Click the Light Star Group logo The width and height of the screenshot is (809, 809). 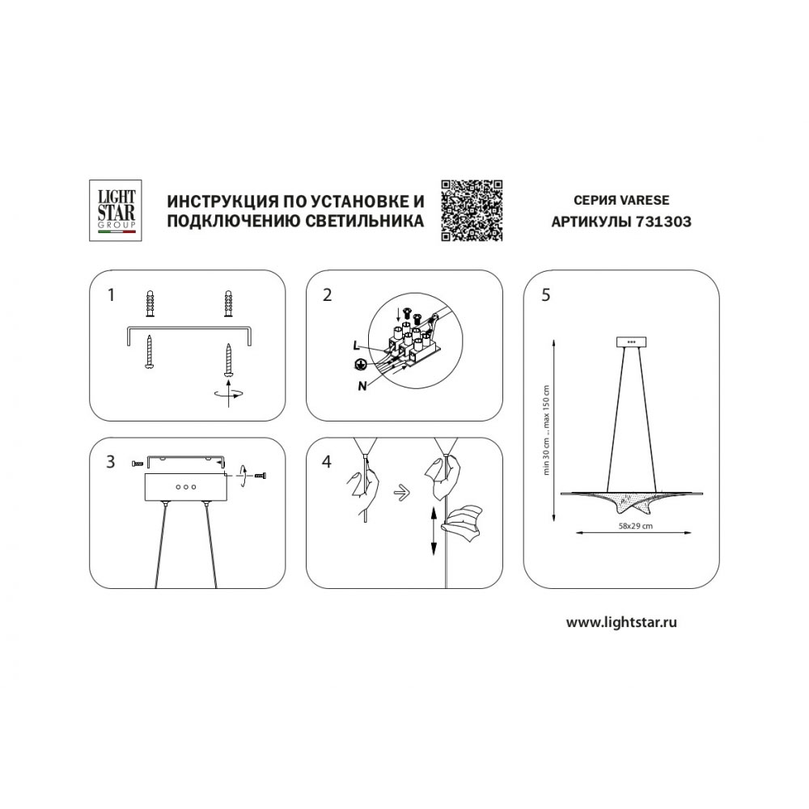116,210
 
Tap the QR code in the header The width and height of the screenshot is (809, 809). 472,210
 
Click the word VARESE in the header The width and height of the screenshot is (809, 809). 644,200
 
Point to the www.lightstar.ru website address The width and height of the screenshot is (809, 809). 621,622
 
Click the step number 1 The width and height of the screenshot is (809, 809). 110,295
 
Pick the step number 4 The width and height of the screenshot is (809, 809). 327,461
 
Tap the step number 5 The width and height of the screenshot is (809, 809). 546,295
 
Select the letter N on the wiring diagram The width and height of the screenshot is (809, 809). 362,385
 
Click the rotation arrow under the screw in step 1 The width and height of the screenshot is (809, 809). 228,394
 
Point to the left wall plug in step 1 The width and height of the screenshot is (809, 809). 150,305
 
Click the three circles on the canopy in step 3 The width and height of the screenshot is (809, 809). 186,486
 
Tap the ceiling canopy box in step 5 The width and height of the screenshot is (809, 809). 632,342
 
